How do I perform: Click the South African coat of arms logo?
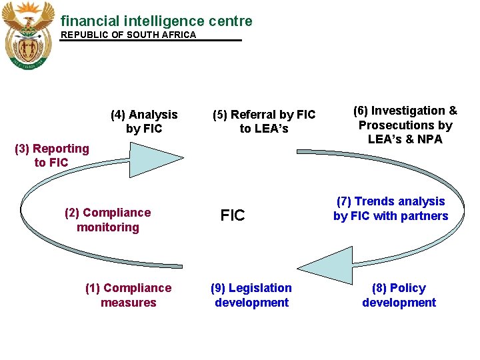(28, 35)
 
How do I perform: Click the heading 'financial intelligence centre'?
(156, 21)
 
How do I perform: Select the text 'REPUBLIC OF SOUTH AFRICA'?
(129, 35)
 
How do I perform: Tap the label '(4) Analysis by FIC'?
(144, 121)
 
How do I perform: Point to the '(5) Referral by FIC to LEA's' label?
(264, 121)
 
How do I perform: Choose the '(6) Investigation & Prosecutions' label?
(405, 125)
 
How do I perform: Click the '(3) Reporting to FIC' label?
(51, 155)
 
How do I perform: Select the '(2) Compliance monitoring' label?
(107, 220)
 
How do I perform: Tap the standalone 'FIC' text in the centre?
(233, 216)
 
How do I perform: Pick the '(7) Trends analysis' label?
(391, 209)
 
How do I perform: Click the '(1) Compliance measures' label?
(128, 295)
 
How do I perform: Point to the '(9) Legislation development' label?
(251, 295)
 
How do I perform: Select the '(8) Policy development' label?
(399, 295)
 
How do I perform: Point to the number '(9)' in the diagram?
(217, 288)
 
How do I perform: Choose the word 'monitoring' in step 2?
(107, 227)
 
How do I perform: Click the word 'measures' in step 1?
(128, 303)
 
